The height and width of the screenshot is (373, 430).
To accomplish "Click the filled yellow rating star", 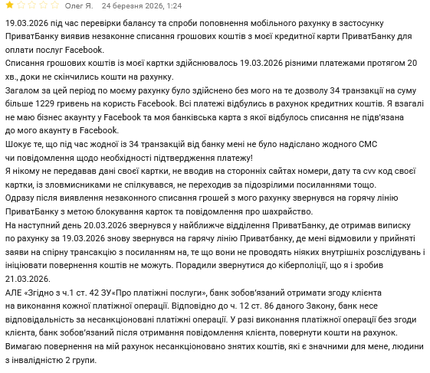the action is coord(9,5).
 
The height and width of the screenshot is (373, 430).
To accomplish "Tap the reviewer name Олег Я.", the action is coord(80,5).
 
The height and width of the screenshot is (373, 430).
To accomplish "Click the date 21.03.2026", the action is coord(28,279).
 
